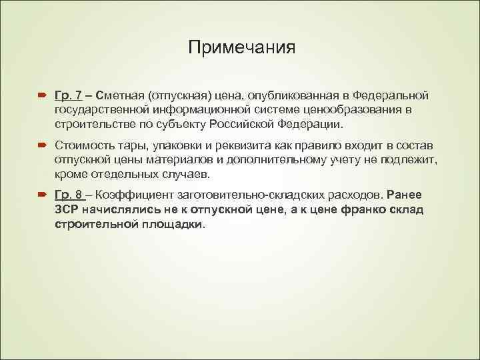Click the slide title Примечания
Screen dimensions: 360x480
point(241,48)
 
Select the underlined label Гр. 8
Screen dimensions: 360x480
point(69,194)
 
